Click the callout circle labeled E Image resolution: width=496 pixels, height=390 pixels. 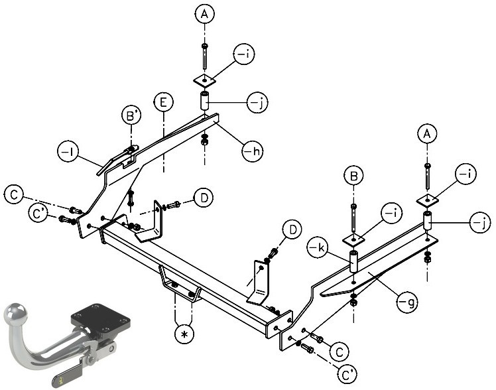point(164,103)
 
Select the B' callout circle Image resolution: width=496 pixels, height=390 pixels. point(131,115)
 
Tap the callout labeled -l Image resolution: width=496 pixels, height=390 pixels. point(68,152)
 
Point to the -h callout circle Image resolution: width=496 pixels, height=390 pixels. point(253,151)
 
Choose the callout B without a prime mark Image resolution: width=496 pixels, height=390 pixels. point(353,176)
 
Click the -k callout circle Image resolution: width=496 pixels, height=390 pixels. point(317,247)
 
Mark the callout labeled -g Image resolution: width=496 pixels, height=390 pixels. point(407,302)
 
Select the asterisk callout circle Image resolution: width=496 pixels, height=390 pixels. point(185,334)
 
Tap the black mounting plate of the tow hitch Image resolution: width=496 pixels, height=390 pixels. point(101,318)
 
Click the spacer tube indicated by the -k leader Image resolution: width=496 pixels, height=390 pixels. point(353,261)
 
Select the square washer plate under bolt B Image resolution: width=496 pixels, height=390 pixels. point(353,239)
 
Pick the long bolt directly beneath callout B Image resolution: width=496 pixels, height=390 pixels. point(353,219)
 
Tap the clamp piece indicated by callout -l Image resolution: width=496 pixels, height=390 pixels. point(117,160)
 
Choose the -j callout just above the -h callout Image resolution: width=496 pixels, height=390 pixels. point(257,102)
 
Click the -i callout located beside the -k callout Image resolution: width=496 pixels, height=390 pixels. point(391,214)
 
